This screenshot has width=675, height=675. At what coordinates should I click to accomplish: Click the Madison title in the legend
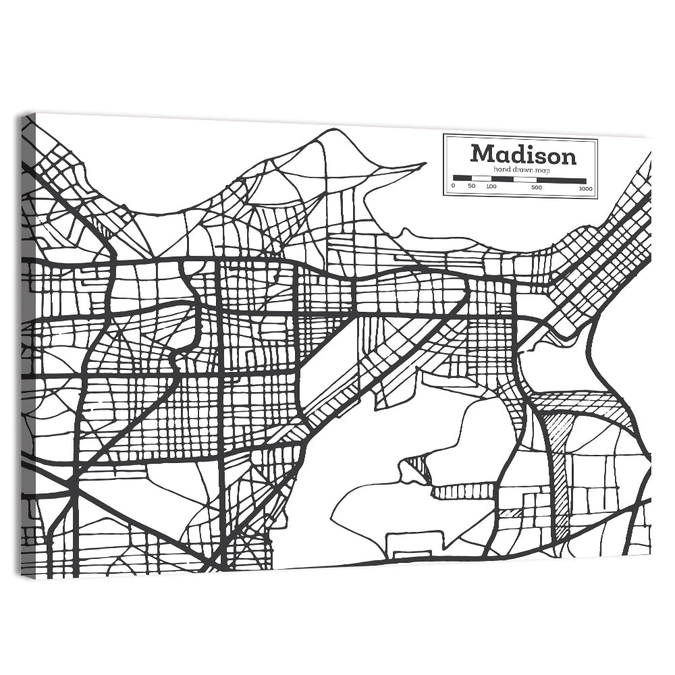coord(523,155)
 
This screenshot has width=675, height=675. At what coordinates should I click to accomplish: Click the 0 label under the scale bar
coord(453,187)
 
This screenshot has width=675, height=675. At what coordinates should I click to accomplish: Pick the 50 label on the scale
coord(471,187)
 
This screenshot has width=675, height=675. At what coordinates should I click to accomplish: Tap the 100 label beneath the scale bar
coord(491,187)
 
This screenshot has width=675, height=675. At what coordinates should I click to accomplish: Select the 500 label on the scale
coord(536,187)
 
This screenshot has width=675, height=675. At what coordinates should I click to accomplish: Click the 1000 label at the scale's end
coord(585,188)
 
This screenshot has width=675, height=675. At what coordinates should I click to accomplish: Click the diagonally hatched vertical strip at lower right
coord(559,473)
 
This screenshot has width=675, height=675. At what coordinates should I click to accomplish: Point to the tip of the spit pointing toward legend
coord(425,163)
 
